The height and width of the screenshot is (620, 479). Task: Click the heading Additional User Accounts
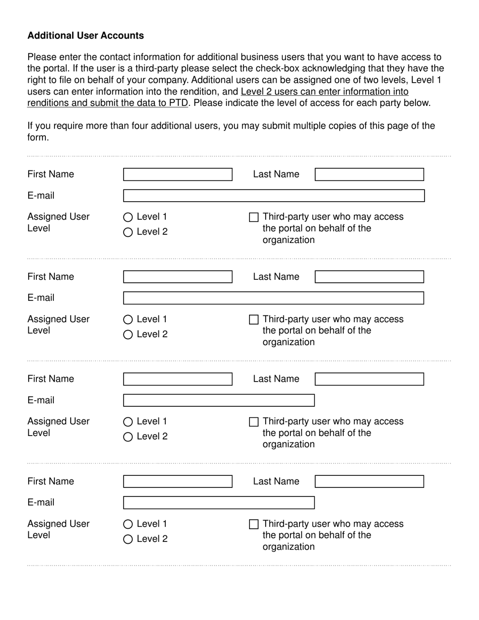(x=86, y=36)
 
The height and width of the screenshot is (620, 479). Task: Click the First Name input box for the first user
(x=177, y=174)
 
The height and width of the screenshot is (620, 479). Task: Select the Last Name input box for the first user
(x=369, y=174)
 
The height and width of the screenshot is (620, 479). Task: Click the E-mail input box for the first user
(x=274, y=196)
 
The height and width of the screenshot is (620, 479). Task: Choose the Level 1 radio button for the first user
(x=128, y=217)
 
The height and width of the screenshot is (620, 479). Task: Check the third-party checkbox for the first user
(x=254, y=217)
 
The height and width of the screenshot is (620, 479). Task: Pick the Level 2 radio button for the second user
(x=128, y=335)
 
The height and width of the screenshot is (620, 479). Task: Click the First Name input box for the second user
(x=177, y=277)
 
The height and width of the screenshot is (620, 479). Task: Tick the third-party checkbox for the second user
(x=254, y=320)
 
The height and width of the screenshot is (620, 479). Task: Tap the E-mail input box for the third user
(x=219, y=400)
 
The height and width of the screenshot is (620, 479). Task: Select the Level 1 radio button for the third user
(x=128, y=422)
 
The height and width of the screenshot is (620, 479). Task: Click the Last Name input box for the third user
(x=369, y=379)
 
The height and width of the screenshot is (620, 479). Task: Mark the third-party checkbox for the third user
(x=254, y=422)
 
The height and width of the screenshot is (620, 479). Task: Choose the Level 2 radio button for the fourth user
(x=128, y=539)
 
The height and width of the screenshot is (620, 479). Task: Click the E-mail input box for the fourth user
(x=219, y=503)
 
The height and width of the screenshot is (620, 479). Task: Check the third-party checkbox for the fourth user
(x=254, y=524)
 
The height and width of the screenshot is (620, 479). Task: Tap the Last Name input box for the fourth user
(x=369, y=481)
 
